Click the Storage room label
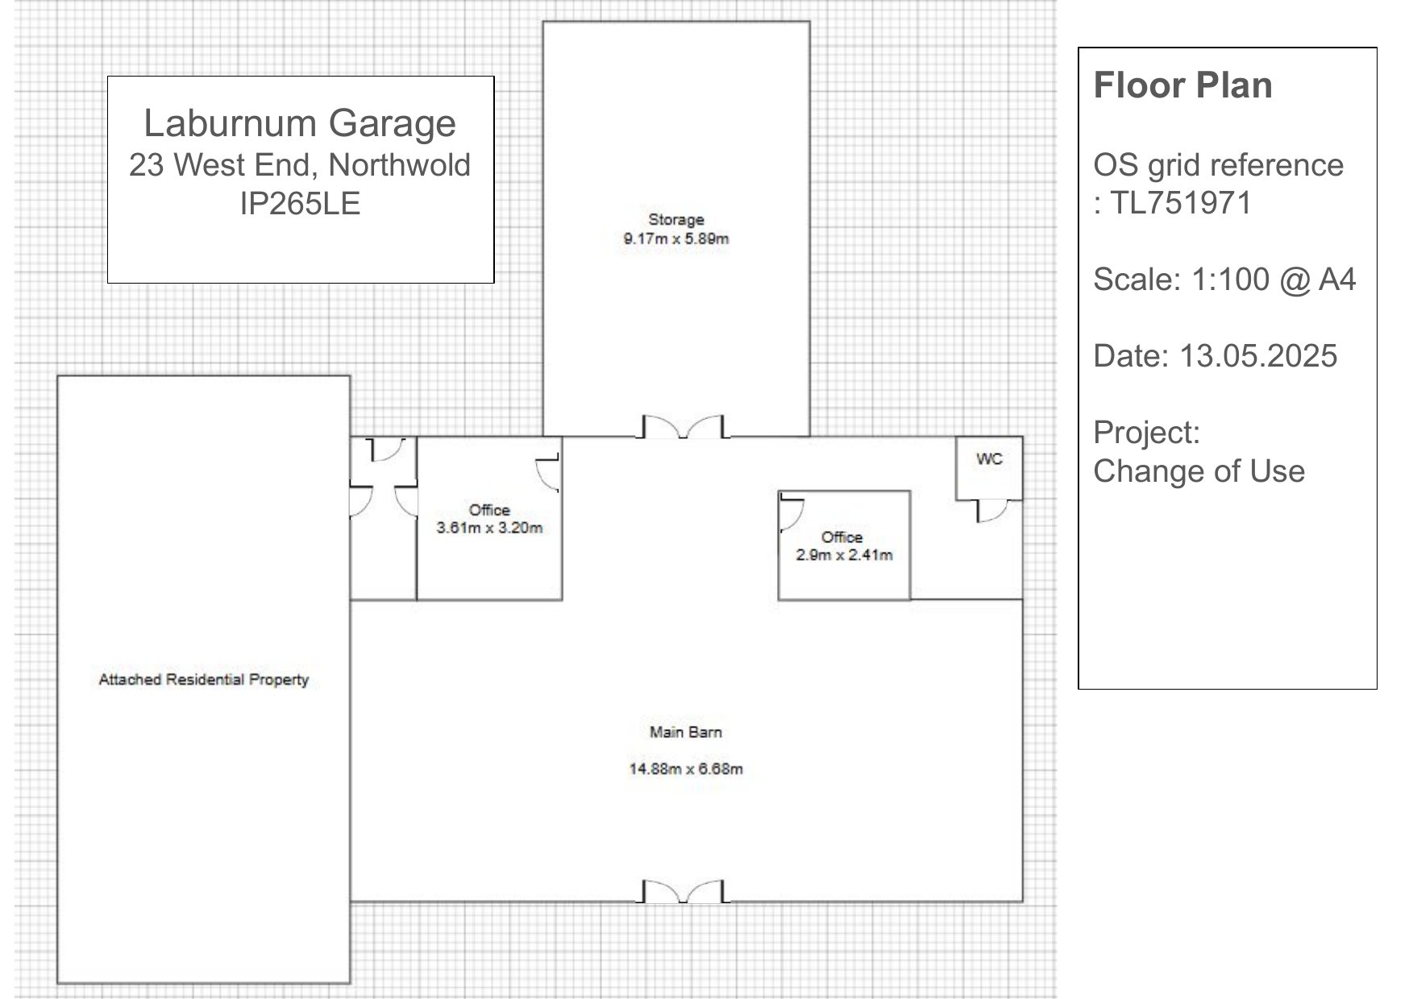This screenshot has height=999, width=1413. click(676, 219)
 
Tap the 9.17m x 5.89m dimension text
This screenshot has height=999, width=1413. click(676, 238)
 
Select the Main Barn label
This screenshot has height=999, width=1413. click(686, 732)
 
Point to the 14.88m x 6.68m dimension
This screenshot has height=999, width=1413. click(686, 769)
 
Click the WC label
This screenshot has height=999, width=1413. click(989, 458)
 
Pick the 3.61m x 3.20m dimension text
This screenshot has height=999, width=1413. click(489, 528)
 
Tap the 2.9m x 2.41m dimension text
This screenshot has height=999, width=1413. click(844, 554)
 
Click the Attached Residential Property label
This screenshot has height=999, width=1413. click(204, 679)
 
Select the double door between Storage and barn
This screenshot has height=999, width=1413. click(684, 427)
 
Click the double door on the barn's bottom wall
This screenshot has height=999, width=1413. click(684, 892)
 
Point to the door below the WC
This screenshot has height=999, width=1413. click(991, 511)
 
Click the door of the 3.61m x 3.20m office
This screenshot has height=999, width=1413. click(548, 473)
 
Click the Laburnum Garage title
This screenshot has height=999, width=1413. click(300, 122)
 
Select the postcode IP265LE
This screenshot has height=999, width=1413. click(300, 203)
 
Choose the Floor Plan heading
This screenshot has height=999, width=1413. click(1182, 85)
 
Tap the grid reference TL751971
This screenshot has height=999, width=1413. click(1181, 202)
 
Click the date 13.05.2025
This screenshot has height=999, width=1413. click(1258, 355)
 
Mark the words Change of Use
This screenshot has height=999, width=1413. click(1199, 471)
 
